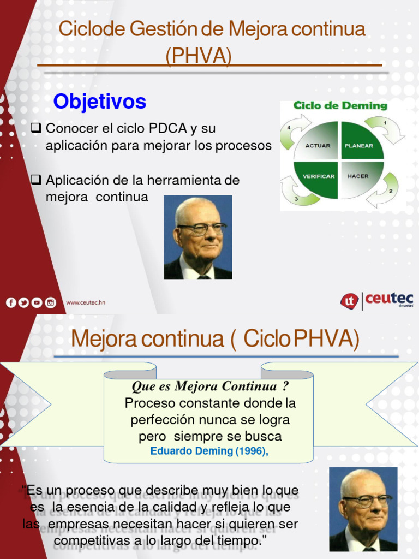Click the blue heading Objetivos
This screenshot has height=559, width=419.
click(100, 102)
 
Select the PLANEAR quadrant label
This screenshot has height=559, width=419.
click(359, 145)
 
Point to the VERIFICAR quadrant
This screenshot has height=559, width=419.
click(319, 176)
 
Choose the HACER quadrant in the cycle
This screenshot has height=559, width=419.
click(358, 176)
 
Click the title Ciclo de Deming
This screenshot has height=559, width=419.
click(340, 106)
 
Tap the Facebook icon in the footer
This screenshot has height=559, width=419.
click(11, 302)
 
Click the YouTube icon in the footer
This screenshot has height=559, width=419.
click(37, 302)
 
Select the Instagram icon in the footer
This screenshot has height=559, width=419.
click(50, 302)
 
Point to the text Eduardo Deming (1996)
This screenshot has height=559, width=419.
click(209, 451)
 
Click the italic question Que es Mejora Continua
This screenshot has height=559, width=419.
click(210, 386)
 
